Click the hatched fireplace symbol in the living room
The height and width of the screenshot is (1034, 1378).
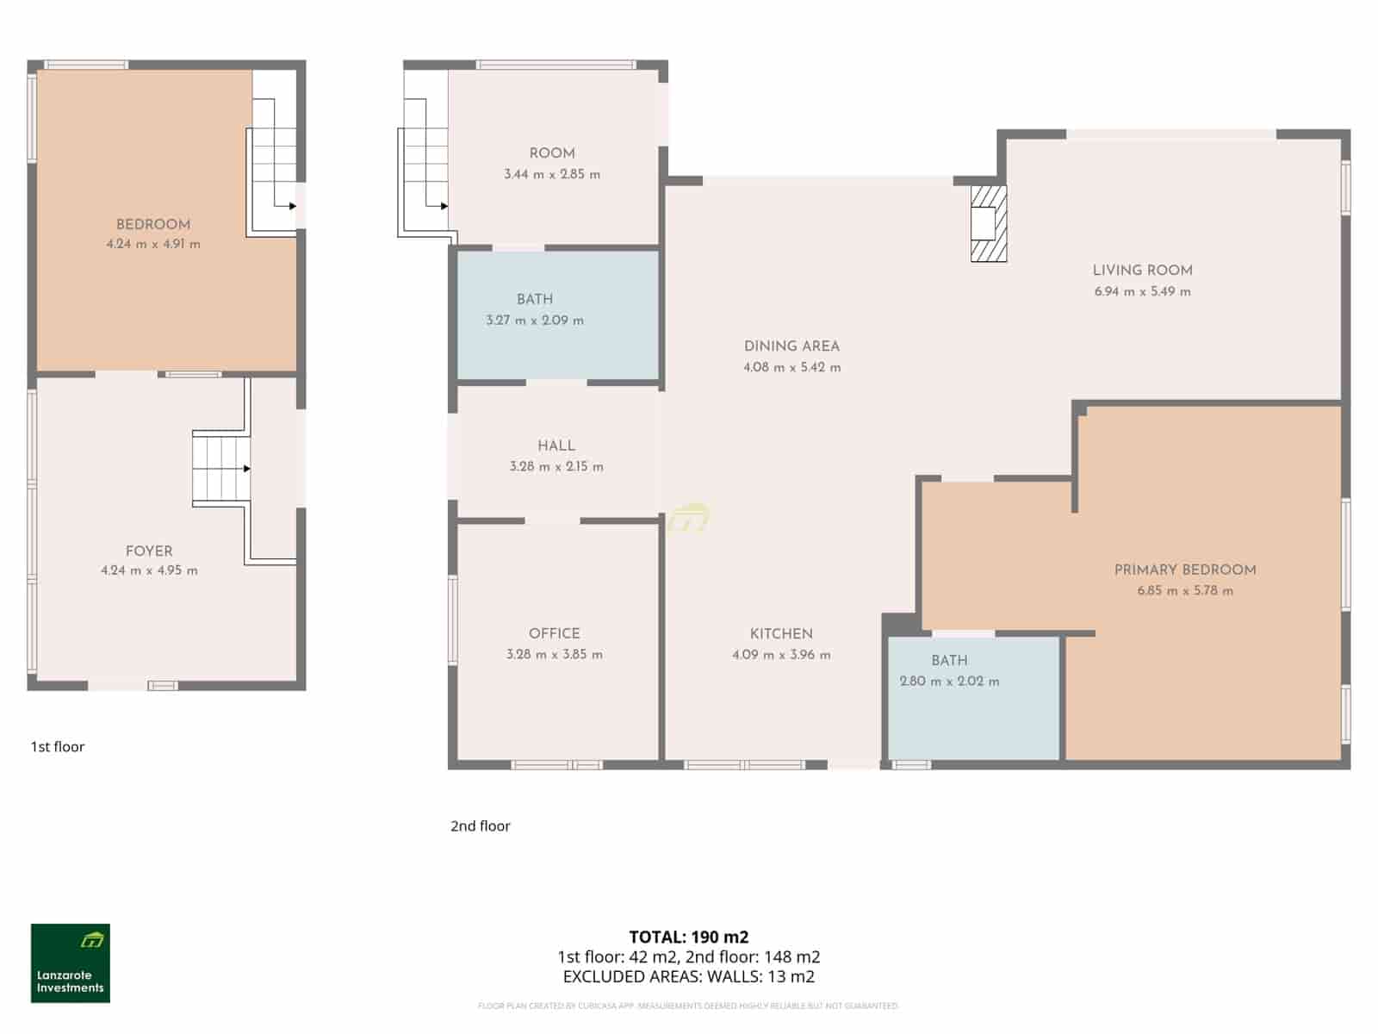pos(988,224)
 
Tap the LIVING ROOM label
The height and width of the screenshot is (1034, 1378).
pos(1142,271)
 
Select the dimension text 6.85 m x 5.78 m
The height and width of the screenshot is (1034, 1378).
pos(1184,591)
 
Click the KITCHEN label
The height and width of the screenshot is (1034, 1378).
pos(781,633)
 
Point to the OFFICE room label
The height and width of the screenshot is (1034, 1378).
pos(554,633)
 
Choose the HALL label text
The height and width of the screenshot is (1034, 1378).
pos(556,445)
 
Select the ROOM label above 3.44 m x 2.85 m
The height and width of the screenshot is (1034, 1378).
pos(552,153)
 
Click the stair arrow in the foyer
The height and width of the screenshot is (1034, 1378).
pos(246,469)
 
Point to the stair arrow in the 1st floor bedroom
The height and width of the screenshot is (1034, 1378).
pos(292,206)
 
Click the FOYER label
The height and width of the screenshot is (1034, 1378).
pos(149,551)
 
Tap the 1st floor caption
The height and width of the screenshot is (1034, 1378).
pos(58,747)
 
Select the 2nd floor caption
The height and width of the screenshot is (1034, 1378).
pos(480,826)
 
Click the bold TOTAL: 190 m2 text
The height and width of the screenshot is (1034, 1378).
pos(688,937)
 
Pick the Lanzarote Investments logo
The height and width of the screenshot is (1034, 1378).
pos(71,963)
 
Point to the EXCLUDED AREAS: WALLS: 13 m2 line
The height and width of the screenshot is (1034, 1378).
pos(688,976)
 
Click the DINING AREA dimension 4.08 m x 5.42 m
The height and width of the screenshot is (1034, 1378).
pos(791,368)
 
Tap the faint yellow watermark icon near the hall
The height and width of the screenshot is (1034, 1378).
pos(689,518)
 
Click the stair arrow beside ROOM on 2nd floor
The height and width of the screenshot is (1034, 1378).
pos(443,206)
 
